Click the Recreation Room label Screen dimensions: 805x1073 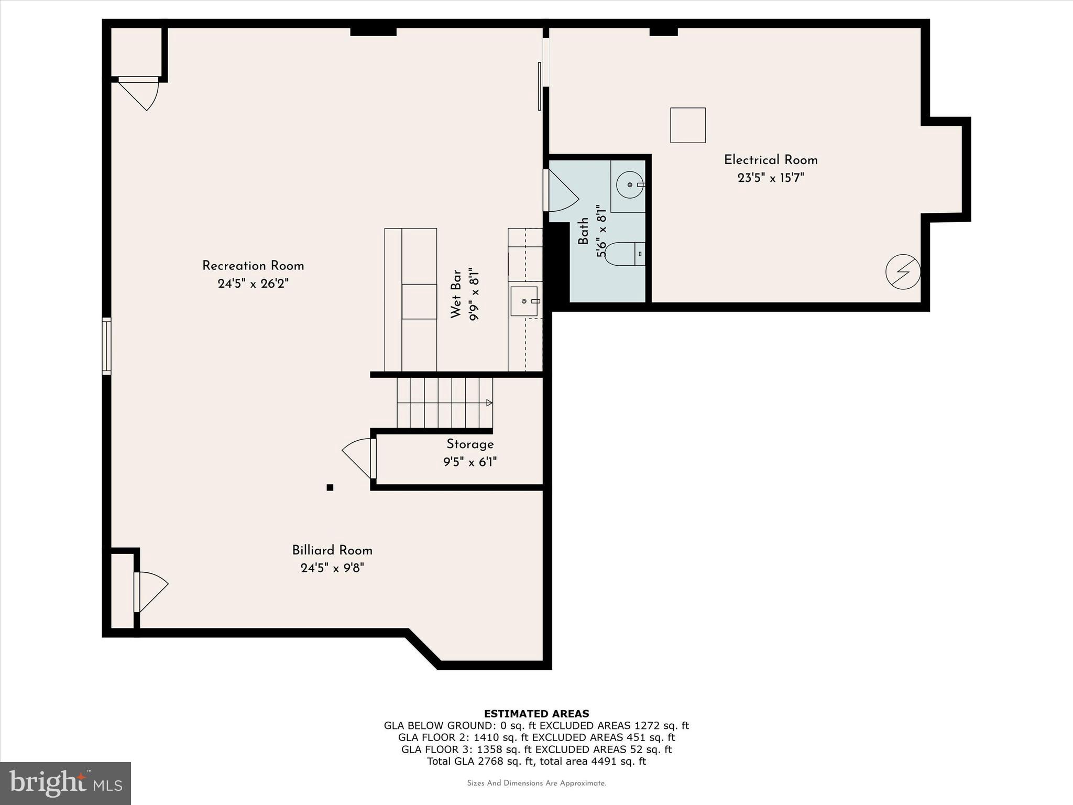(x=253, y=266)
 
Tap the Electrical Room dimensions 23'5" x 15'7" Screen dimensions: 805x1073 (x=770, y=178)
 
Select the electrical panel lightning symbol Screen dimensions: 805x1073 (x=903, y=271)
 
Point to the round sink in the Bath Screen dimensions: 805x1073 (x=629, y=184)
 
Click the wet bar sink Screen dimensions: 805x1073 (x=524, y=301)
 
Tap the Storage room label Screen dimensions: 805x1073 (x=470, y=444)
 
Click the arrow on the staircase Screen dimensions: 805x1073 (x=489, y=403)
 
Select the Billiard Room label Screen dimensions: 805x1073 (x=332, y=550)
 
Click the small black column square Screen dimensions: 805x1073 (x=330, y=487)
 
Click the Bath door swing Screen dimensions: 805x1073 (x=562, y=192)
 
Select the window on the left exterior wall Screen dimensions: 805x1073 (x=106, y=346)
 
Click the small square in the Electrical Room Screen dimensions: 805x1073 (x=687, y=125)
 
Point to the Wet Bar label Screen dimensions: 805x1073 (x=456, y=294)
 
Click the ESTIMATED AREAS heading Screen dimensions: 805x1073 (x=536, y=714)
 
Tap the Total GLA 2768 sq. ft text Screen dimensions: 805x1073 (x=536, y=762)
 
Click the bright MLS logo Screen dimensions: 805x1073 (x=65, y=783)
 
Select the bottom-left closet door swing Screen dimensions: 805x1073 (x=152, y=592)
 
